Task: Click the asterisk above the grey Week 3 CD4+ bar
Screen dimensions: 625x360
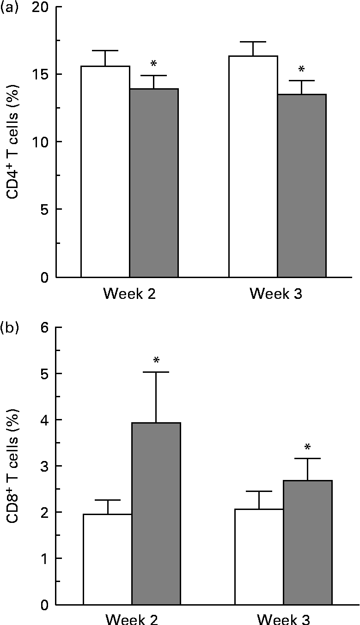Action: (x=302, y=70)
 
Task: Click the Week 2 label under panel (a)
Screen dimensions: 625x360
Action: (x=129, y=294)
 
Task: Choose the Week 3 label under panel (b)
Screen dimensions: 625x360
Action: (x=282, y=618)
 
